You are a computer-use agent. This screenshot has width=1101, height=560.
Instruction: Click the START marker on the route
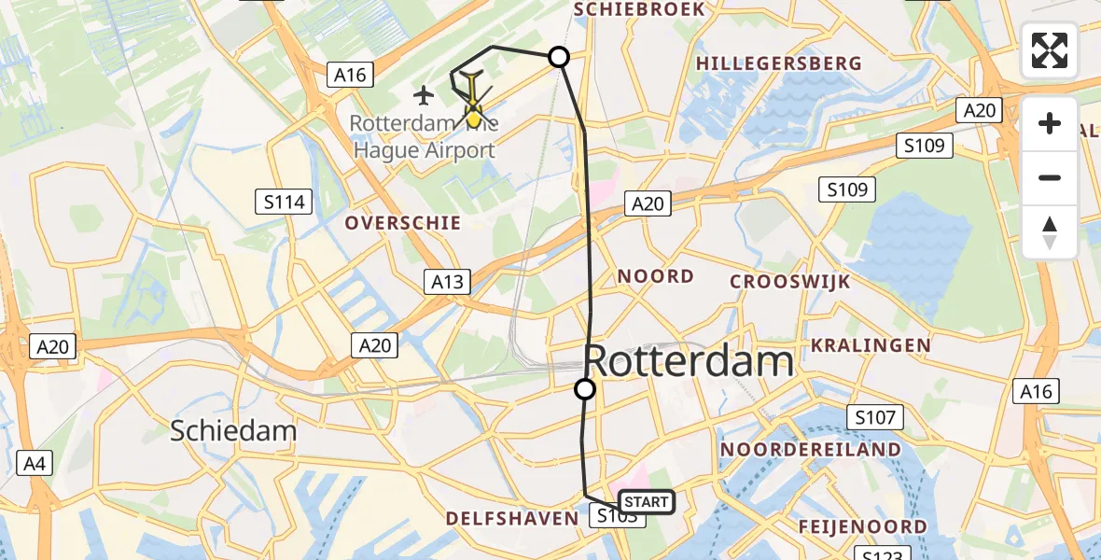[646, 502]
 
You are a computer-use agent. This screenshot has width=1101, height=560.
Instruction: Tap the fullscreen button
[1050, 50]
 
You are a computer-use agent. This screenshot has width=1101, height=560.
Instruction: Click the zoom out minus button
[1050, 178]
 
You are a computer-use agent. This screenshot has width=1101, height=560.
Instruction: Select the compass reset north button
[1050, 232]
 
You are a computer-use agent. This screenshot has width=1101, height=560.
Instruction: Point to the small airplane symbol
[424, 94]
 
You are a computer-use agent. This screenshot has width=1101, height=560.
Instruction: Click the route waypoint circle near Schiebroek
[559, 57]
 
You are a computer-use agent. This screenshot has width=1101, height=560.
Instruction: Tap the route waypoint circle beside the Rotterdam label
[585, 389]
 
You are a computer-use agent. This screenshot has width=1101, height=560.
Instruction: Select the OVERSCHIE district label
[403, 223]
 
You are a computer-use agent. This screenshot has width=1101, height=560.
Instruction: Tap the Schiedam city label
[233, 430]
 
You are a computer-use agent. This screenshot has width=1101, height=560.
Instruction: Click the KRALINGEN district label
[871, 345]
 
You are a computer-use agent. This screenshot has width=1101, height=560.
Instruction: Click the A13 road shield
[448, 281]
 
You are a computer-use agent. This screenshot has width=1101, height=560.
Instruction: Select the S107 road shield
[874, 417]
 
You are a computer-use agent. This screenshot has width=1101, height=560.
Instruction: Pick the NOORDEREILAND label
[811, 450]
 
